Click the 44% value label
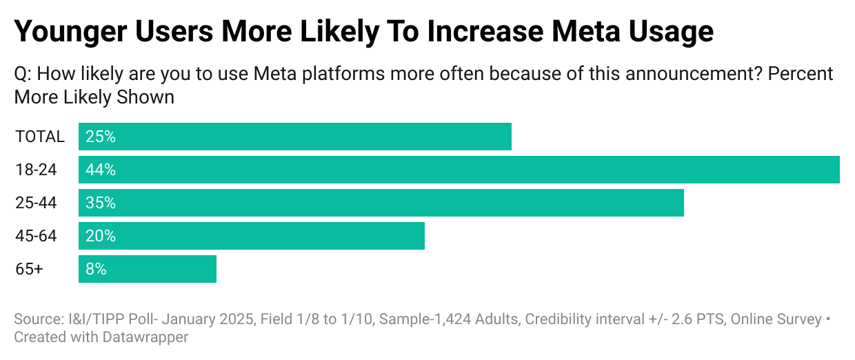(x=101, y=170)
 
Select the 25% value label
(x=101, y=137)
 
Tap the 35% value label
(x=101, y=203)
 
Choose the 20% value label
(x=101, y=236)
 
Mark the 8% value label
(x=97, y=269)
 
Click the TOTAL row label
(x=40, y=137)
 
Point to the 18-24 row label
(x=36, y=170)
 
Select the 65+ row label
(x=29, y=269)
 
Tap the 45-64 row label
(x=36, y=236)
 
